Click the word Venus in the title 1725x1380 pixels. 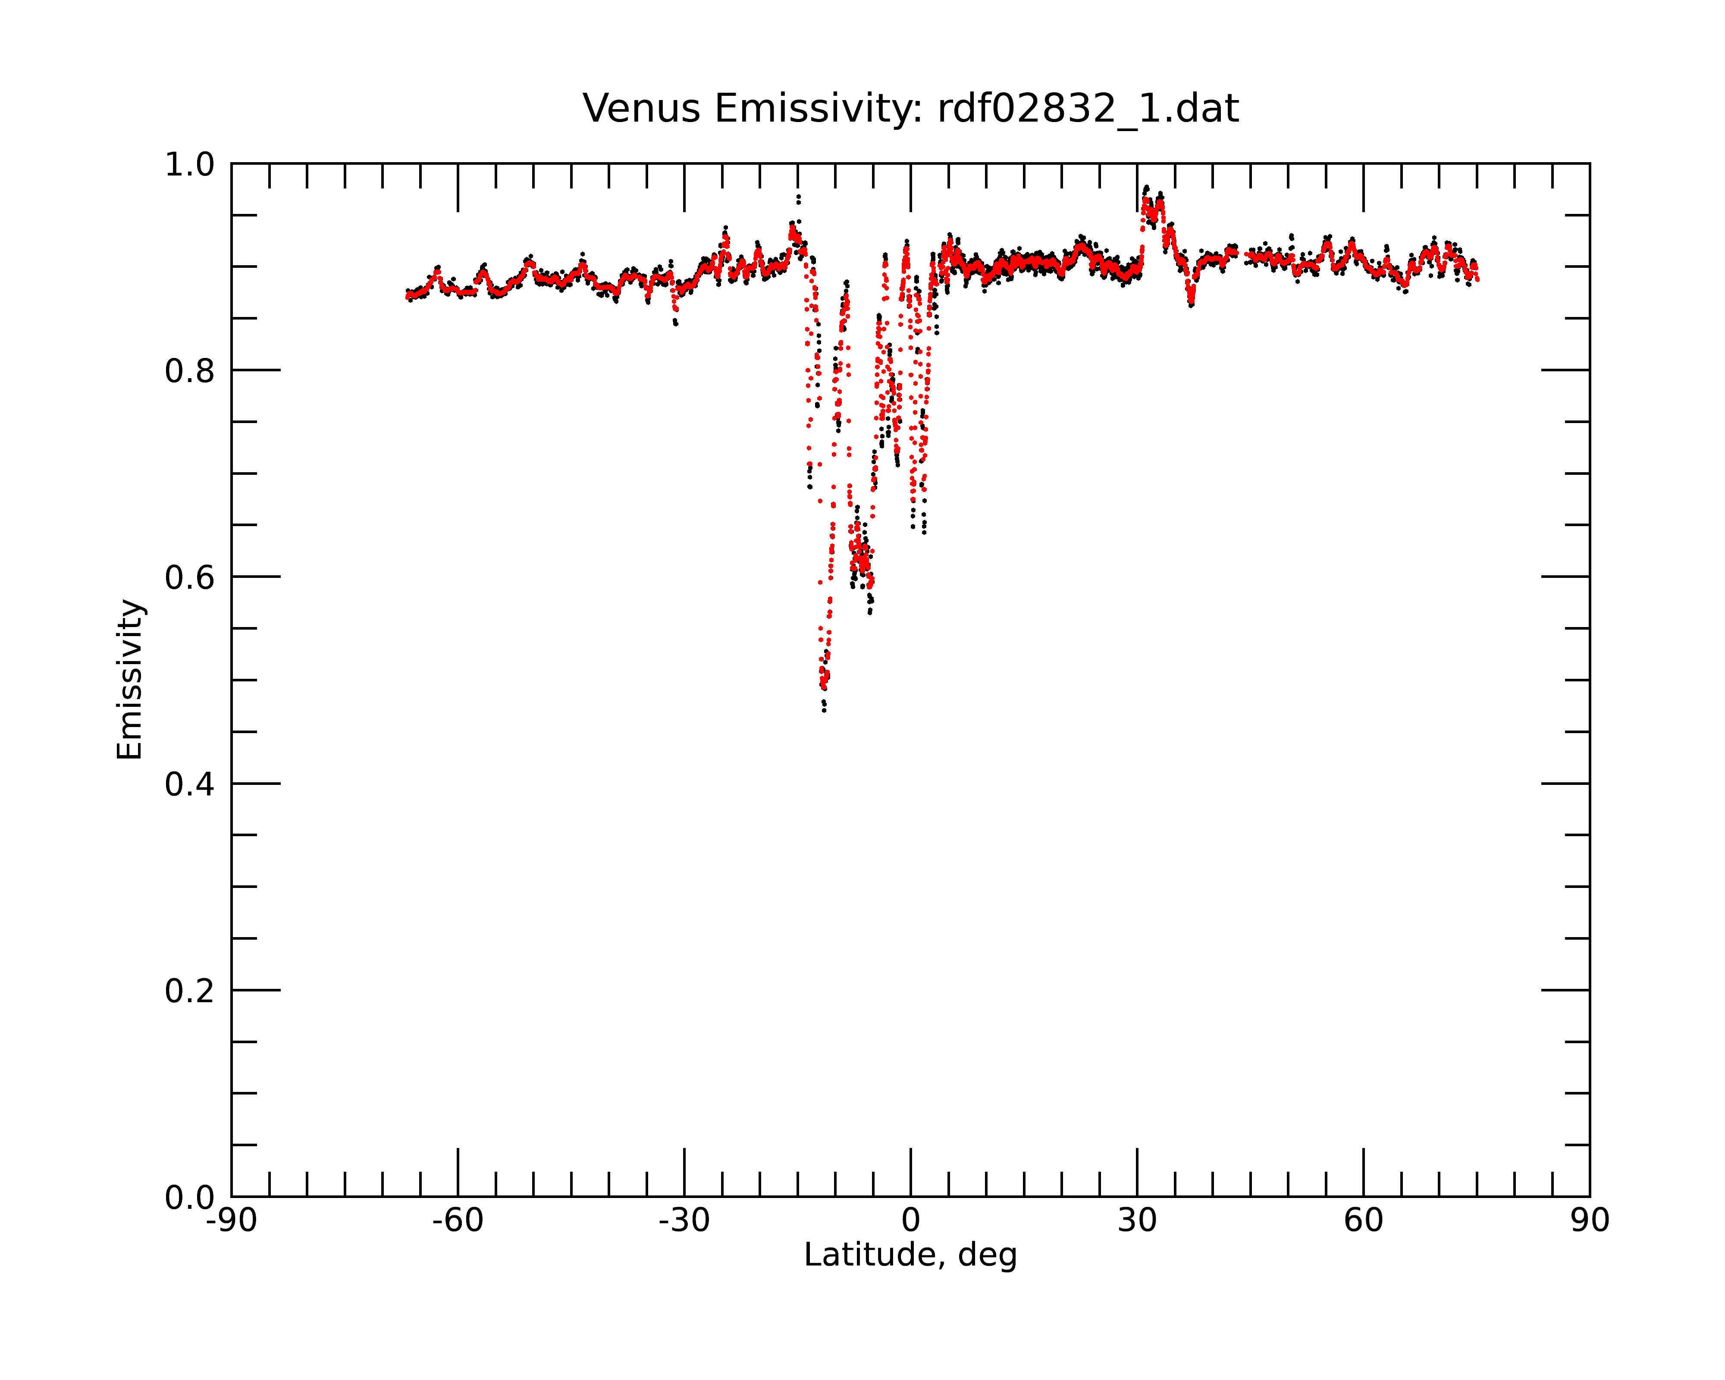click(641, 109)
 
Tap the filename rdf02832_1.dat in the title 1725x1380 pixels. click(1088, 109)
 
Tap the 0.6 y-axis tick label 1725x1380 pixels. click(190, 577)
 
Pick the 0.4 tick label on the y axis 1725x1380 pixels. click(190, 784)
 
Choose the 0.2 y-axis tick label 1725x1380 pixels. click(190, 991)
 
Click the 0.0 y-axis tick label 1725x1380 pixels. click(190, 1198)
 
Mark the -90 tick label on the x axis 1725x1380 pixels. click(231, 1221)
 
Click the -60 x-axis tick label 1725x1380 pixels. click(458, 1221)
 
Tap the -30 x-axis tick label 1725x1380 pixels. click(684, 1221)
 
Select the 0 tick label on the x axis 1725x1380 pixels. click(910, 1221)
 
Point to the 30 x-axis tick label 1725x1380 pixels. click(1137, 1221)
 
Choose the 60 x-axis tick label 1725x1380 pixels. click(1363, 1221)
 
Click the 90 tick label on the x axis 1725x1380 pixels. click(1590, 1221)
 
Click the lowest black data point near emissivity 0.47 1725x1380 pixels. click(824, 710)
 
